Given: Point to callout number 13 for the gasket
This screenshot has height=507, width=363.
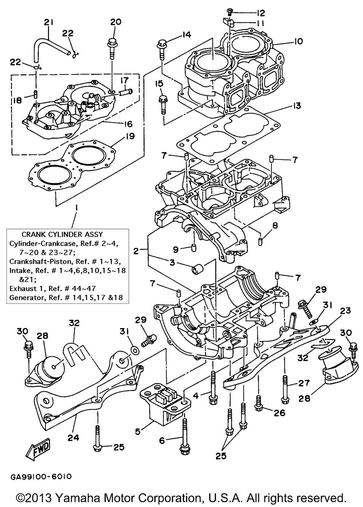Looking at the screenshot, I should click(x=297, y=106).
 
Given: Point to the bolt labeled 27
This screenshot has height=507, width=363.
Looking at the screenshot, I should click(x=285, y=388).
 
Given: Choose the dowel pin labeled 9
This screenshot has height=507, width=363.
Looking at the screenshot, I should click(x=193, y=249).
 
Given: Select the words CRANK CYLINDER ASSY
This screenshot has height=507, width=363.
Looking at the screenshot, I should click(x=62, y=234).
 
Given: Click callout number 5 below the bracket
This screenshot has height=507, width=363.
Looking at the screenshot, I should click(x=138, y=432).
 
